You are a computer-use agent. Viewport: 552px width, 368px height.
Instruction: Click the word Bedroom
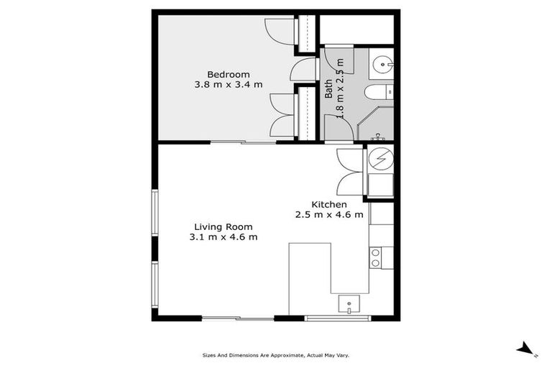228,74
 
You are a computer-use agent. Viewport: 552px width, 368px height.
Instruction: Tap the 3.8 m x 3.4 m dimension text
228,85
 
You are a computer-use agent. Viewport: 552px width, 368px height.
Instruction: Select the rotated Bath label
329,88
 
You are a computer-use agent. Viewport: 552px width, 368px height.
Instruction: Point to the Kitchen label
328,204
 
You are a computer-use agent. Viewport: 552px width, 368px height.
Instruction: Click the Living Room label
223,226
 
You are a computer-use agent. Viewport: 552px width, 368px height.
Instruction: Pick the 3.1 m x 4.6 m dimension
223,237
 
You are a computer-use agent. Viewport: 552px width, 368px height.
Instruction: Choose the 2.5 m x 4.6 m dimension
328,214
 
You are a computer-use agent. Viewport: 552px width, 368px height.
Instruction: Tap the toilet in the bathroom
378,92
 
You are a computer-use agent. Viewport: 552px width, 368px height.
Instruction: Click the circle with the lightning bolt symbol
381,157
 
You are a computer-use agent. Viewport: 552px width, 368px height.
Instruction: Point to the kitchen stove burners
376,257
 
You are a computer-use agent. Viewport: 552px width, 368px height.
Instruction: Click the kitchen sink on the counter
349,305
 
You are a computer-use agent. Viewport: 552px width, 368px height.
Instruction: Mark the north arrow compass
526,349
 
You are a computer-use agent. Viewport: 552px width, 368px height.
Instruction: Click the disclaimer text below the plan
275,355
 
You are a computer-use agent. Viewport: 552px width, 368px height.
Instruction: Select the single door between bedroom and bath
303,70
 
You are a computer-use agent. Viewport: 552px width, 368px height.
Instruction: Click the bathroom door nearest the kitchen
338,129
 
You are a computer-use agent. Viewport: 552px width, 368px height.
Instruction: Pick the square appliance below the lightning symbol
381,185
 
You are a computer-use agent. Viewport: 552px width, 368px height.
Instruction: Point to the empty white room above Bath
356,29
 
